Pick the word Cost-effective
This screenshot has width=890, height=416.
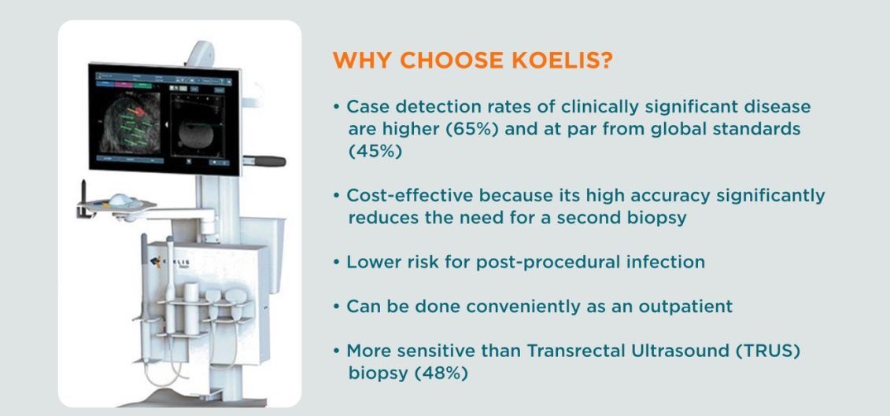click(x=410, y=196)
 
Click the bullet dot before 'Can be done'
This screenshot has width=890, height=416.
click(x=337, y=307)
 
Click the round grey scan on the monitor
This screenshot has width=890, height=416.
click(x=195, y=134)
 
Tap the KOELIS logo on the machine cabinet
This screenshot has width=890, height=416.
click(x=170, y=263)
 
